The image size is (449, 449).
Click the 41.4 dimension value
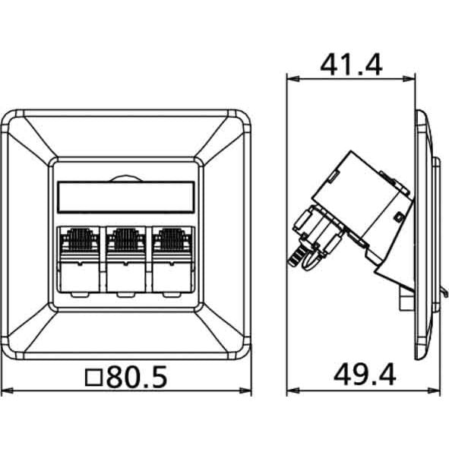tap(351, 65)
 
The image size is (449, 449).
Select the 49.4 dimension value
tap(365, 375)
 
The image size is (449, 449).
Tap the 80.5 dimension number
tap(137, 377)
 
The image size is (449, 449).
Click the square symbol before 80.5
tap(93, 378)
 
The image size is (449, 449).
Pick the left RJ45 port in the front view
tap(79, 259)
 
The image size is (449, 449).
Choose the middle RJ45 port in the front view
tap(126, 259)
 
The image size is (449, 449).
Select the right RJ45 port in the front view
tap(172, 259)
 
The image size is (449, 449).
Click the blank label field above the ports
tap(126, 197)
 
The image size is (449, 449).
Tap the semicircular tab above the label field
tap(126, 179)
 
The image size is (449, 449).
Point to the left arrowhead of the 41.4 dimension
tap(293, 79)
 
